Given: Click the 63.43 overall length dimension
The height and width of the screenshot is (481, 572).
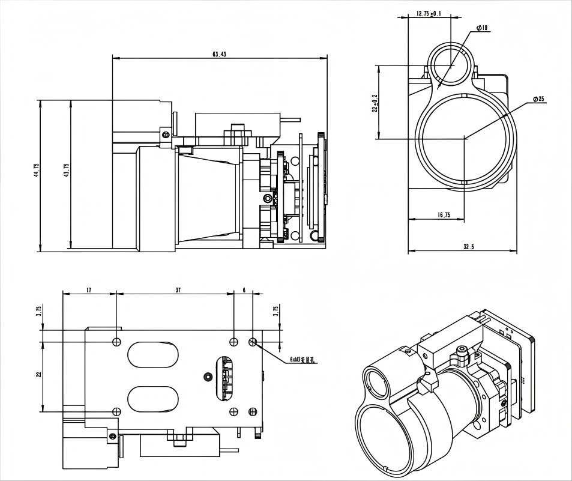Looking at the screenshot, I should [x=219, y=54].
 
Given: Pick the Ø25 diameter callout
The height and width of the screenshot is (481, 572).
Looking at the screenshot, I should [x=538, y=99].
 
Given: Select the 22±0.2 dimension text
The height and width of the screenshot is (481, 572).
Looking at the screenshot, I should [x=375, y=103].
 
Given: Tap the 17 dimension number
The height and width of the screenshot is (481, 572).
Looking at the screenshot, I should [x=89, y=290].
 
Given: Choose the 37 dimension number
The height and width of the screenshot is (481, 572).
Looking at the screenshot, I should [x=178, y=290].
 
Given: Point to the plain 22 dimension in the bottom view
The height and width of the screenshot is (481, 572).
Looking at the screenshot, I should [x=38, y=375].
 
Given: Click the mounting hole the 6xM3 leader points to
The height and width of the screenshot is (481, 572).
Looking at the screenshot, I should [x=253, y=341].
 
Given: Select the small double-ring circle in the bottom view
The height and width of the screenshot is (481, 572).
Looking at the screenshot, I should [x=208, y=377].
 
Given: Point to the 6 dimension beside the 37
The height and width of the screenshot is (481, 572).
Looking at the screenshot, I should [x=244, y=290].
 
